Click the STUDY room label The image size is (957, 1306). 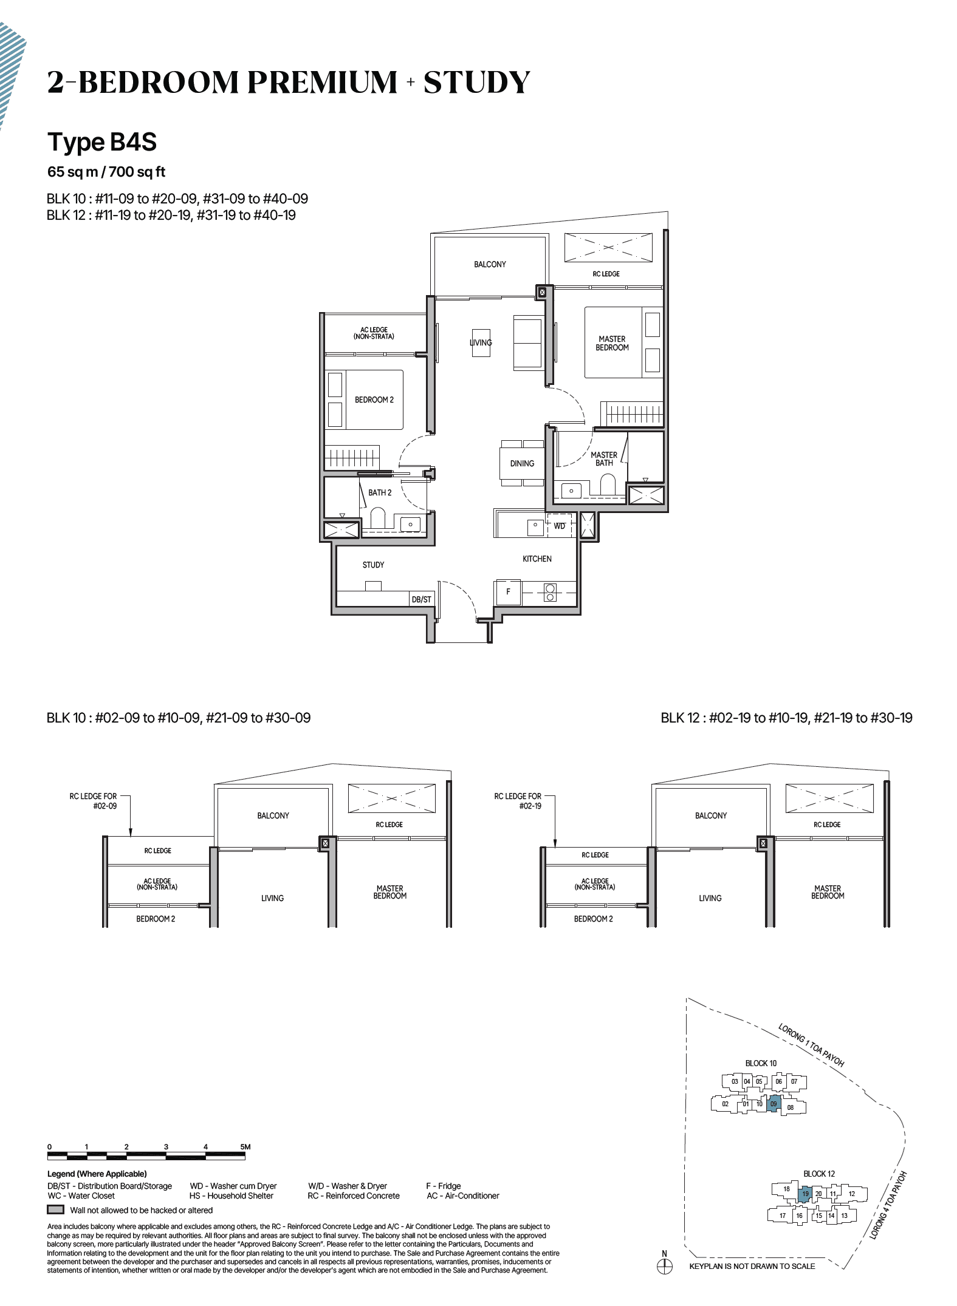tap(373, 565)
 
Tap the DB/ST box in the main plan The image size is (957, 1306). tap(421, 599)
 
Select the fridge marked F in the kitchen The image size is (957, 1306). tap(509, 591)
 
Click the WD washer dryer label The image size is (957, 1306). tap(559, 526)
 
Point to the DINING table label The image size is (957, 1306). tap(522, 463)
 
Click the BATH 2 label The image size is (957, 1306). tap(380, 492)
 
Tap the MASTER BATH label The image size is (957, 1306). tap(603, 458)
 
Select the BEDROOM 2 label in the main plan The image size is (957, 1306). tap(374, 400)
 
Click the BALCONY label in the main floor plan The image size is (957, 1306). tap(490, 264)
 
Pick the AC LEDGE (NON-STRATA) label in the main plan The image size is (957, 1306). tap(374, 333)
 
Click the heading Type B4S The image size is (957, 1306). tap(102, 142)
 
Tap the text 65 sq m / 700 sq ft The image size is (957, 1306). tap(106, 172)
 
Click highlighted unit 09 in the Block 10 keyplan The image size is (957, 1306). tap(773, 1104)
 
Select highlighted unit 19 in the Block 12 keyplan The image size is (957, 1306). tap(805, 1194)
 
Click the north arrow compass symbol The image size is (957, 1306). tap(665, 1266)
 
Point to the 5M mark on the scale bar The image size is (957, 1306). tap(245, 1147)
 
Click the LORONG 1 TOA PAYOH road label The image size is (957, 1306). tap(811, 1045)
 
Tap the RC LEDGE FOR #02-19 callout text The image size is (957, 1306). tap(518, 800)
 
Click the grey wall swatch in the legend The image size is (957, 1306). tap(55, 1209)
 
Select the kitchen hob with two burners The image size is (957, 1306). tap(550, 592)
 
